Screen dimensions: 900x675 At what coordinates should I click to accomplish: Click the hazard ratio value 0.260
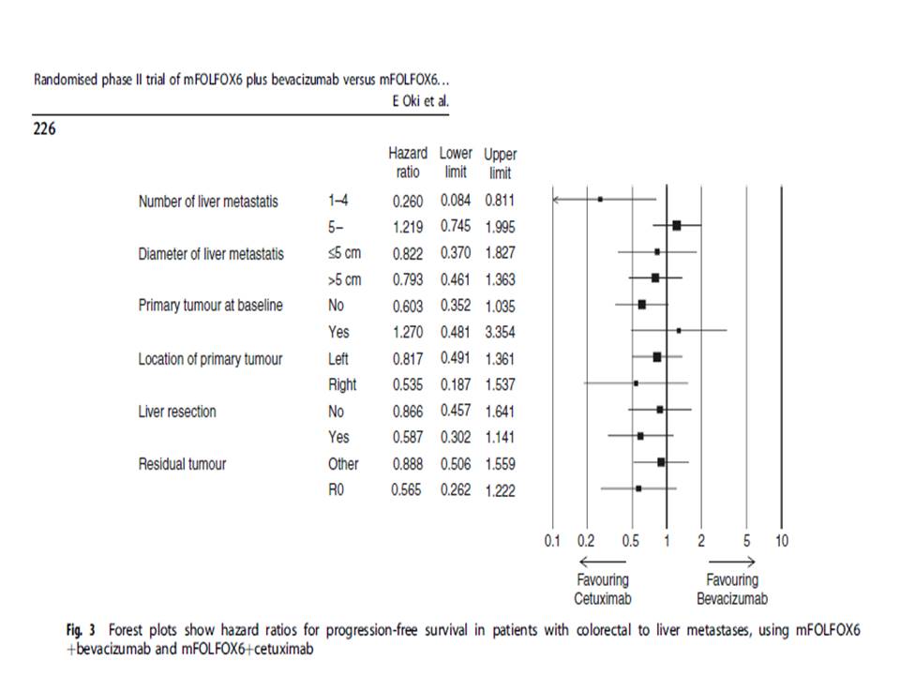click(408, 202)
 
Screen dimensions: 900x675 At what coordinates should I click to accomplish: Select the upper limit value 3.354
click(500, 332)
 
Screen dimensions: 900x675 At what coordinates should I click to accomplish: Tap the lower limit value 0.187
click(456, 384)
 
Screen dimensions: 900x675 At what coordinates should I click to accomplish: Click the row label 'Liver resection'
click(177, 412)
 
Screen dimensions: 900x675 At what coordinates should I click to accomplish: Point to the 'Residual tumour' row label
click(183, 464)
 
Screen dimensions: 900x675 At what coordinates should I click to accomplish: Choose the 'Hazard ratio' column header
click(408, 162)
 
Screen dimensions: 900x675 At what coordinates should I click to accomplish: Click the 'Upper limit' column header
click(500, 163)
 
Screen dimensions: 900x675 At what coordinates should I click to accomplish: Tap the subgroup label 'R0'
click(337, 490)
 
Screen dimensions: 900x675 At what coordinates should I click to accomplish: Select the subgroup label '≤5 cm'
click(344, 253)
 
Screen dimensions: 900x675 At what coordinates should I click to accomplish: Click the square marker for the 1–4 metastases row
click(600, 199)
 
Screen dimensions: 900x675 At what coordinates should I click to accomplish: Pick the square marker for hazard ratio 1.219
click(677, 226)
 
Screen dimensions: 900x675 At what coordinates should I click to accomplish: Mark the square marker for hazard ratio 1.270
click(679, 331)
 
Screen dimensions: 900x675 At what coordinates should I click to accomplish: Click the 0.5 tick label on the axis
click(631, 541)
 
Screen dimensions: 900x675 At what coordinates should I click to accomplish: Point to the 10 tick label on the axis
click(782, 541)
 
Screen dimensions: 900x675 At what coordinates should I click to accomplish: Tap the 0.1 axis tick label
click(552, 541)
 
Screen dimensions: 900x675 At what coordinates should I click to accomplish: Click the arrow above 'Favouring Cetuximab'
click(603, 562)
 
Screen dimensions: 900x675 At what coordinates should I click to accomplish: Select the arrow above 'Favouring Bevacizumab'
click(732, 562)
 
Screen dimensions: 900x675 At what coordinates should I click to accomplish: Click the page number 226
click(44, 128)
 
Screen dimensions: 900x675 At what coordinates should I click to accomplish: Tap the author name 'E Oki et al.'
click(421, 101)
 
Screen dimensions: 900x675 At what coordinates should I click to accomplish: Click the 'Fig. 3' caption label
click(81, 630)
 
